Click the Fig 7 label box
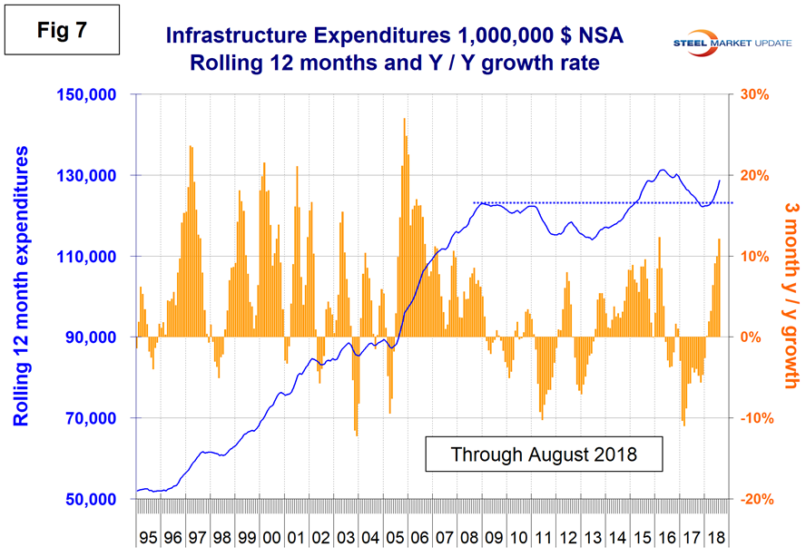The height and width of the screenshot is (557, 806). point(61,32)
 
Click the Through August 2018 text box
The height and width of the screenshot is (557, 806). point(544,454)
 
